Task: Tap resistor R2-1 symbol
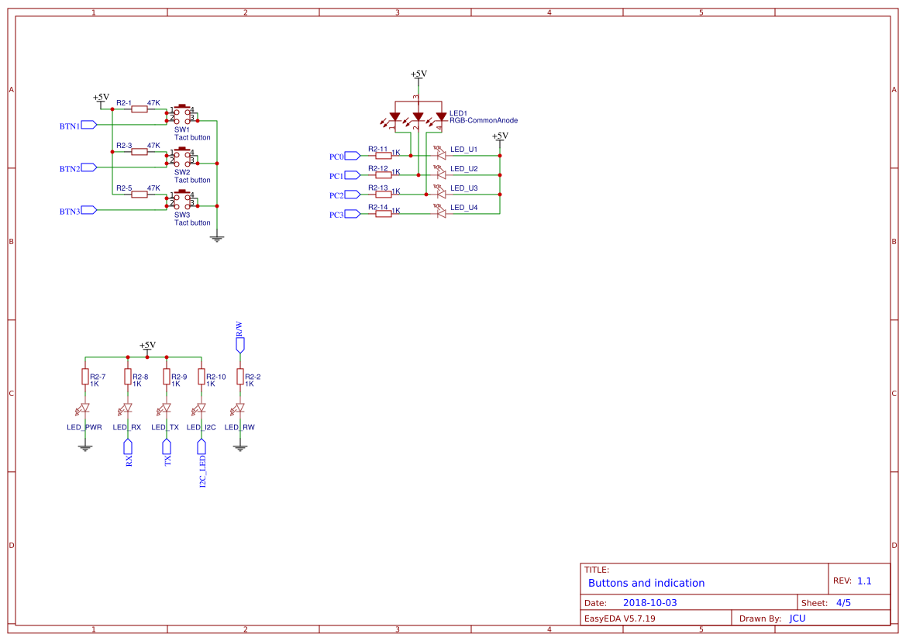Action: tap(140, 109)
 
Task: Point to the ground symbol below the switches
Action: tap(217, 238)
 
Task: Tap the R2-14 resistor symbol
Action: tap(384, 214)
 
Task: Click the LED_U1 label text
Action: tap(464, 149)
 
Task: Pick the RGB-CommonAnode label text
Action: tap(484, 121)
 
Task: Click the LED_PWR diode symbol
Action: tap(85, 408)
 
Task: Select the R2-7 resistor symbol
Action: tap(85, 377)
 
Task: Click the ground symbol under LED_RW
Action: tap(240, 447)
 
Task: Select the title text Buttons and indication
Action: tap(646, 583)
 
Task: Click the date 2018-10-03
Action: tap(649, 603)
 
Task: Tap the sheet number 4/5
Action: tap(843, 603)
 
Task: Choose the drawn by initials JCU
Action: tap(797, 619)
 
